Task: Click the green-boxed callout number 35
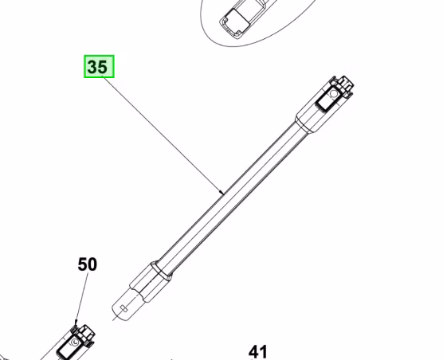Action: click(x=99, y=67)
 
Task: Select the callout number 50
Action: click(x=88, y=264)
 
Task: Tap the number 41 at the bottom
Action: click(x=257, y=350)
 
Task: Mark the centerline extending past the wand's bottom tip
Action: click(x=116, y=315)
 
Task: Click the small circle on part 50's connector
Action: click(x=73, y=342)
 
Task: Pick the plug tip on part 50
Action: click(x=84, y=327)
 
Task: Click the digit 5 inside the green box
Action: click(x=104, y=67)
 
